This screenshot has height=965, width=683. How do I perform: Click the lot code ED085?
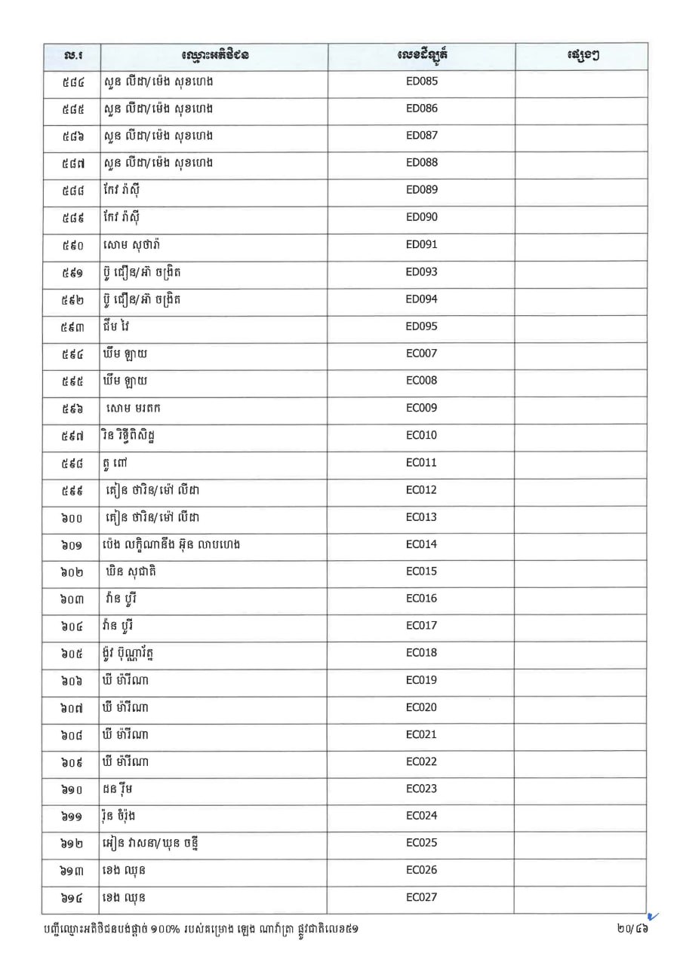[x=421, y=81]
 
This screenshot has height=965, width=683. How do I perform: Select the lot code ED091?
[x=421, y=245]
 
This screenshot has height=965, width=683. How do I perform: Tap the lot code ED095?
[x=421, y=326]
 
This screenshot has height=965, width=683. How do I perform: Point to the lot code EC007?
[x=421, y=354]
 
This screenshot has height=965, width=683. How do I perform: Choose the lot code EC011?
[x=421, y=463]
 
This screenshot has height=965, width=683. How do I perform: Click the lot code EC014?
[x=421, y=544]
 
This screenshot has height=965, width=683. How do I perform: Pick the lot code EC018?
[x=421, y=653]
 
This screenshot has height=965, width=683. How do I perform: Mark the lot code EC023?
[x=421, y=789]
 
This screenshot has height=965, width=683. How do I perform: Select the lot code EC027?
[x=421, y=898]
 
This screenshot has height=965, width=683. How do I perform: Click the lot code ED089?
[x=421, y=190]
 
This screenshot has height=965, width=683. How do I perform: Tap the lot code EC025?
[x=421, y=843]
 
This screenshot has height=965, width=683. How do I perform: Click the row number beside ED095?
[x=72, y=326]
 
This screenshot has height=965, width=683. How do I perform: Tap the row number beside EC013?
[x=72, y=517]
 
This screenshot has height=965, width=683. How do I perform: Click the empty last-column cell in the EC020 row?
[x=580, y=707]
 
